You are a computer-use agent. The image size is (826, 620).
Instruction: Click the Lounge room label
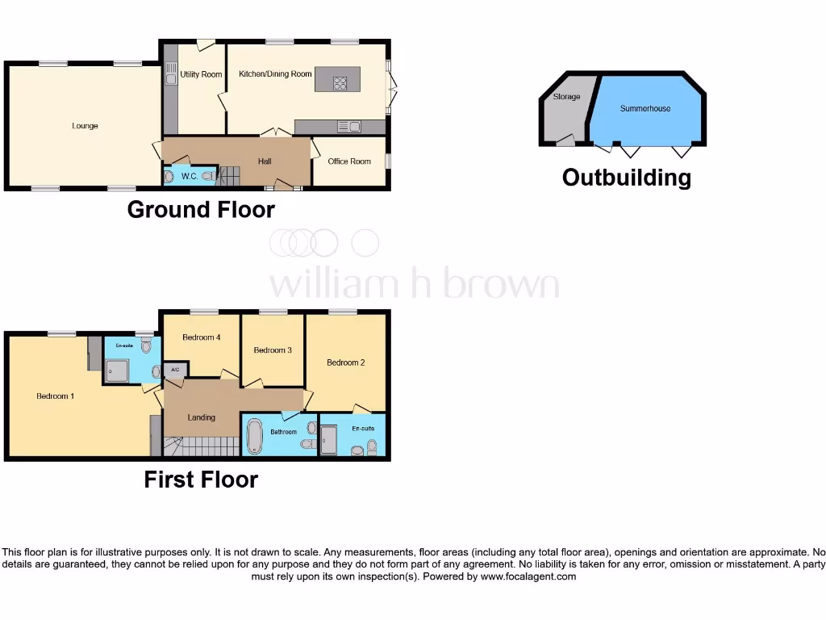click(x=85, y=126)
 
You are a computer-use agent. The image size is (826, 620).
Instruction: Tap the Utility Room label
click(x=201, y=74)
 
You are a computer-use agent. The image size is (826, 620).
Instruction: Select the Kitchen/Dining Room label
click(x=275, y=74)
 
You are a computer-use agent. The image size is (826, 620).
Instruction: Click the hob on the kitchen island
click(x=339, y=81)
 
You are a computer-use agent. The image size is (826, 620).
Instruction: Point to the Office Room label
click(x=349, y=161)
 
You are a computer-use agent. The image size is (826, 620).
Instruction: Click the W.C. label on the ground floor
click(x=190, y=176)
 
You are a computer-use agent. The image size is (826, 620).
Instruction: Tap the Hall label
click(x=265, y=161)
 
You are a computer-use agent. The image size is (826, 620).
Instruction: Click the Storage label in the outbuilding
click(x=566, y=97)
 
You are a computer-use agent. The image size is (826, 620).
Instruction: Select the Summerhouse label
click(x=645, y=108)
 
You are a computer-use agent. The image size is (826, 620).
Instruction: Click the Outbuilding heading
click(x=627, y=178)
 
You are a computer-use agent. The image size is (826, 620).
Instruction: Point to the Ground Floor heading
click(x=201, y=210)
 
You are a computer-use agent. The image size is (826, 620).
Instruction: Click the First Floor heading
click(x=201, y=480)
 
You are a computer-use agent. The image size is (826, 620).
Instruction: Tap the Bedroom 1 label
click(x=56, y=396)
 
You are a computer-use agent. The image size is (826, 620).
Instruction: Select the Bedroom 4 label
click(x=202, y=337)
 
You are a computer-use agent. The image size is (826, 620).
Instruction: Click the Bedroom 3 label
click(x=273, y=350)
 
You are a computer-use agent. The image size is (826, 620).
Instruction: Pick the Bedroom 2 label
click(x=346, y=362)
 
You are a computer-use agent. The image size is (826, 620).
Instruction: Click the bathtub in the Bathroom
click(x=253, y=436)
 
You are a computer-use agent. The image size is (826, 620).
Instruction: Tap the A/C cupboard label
click(x=175, y=371)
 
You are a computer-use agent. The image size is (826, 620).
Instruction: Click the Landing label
click(x=202, y=417)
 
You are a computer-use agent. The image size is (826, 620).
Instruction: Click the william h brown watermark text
click(x=413, y=284)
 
